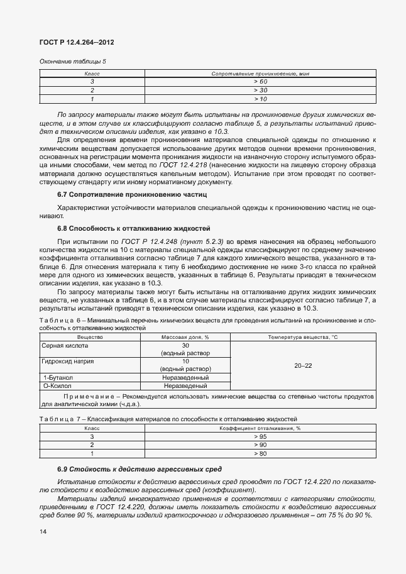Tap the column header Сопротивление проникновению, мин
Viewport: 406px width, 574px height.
coord(260,74)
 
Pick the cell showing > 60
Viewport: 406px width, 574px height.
coord(260,82)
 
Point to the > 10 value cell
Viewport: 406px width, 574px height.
coord(260,99)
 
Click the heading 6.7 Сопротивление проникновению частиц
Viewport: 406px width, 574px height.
coord(114,194)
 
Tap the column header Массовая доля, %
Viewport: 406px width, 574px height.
coord(185,338)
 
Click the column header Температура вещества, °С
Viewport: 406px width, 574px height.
coord(303,338)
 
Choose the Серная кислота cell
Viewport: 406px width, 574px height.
coord(65,346)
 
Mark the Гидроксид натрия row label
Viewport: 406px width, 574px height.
coord(68,362)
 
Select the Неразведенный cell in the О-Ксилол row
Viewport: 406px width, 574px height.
coord(185,385)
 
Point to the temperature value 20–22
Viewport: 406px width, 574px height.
coord(303,365)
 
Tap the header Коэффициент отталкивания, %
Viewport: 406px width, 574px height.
coord(260,428)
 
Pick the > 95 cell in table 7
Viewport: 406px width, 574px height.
coord(260,436)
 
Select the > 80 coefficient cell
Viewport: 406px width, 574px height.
coord(260,453)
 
